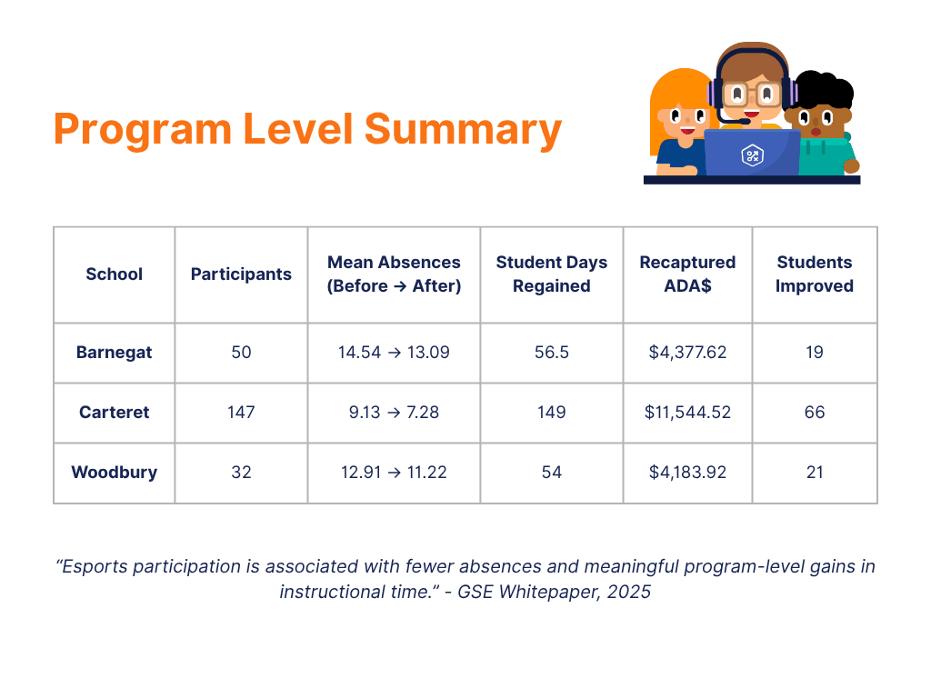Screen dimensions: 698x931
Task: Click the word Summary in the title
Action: click(463, 129)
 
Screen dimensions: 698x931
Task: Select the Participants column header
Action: click(241, 274)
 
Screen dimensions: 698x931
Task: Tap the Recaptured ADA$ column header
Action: click(687, 274)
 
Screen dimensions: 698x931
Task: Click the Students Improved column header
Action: click(815, 274)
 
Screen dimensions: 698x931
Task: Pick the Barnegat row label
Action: click(114, 353)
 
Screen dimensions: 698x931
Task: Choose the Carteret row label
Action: click(114, 413)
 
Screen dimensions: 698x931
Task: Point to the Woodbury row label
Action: click(114, 473)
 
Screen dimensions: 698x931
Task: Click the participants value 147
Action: click(241, 413)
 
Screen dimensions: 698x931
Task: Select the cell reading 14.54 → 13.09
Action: click(394, 353)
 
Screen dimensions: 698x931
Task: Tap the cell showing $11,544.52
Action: click(687, 413)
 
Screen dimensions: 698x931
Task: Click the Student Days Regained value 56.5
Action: click(551, 353)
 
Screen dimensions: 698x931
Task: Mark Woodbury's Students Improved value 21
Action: click(815, 473)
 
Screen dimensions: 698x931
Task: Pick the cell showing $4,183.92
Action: click(687, 473)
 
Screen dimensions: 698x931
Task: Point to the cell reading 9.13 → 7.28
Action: click(394, 413)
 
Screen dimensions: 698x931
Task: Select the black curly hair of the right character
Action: click(822, 91)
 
